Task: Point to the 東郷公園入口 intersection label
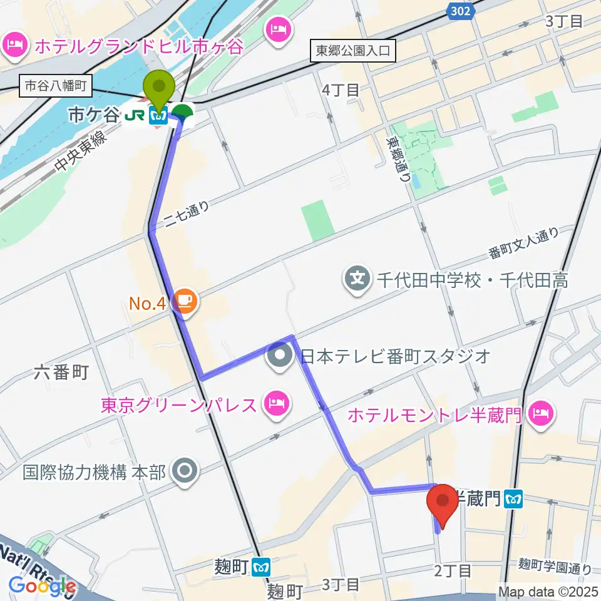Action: (354, 51)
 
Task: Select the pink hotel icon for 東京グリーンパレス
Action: (276, 404)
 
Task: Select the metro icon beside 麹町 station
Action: (261, 567)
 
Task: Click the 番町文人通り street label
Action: (523, 244)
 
